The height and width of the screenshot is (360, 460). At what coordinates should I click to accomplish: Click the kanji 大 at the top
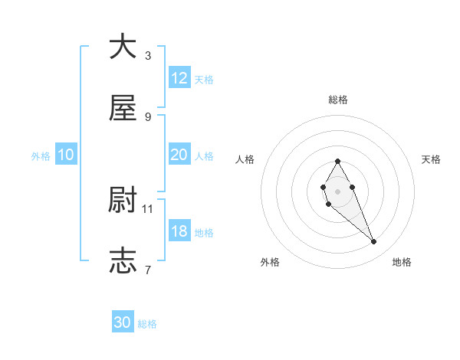pos(123,47)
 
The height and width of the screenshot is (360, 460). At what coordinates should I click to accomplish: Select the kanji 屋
pos(123,109)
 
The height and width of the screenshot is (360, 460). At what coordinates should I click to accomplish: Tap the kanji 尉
pos(123,201)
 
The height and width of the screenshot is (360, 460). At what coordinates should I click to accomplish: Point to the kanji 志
pos(123,261)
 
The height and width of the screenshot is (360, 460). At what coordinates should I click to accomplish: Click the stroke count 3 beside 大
pos(148,55)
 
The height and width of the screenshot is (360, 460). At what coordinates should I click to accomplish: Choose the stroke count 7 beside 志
pos(148,269)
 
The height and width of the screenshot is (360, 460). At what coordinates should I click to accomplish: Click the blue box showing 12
pos(179,78)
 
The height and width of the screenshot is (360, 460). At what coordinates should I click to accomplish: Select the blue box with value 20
pos(179,155)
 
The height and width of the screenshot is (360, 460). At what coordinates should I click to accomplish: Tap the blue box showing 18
pos(179,231)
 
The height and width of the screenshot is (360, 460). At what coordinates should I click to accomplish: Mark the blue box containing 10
pos(66,155)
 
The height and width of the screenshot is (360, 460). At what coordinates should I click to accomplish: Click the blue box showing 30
pos(123,322)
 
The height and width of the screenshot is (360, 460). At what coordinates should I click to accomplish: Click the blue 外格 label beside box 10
pos(41,155)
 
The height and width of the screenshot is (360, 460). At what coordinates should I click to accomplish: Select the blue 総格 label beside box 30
pos(147,324)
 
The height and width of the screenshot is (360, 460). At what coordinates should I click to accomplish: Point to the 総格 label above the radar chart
pos(337,100)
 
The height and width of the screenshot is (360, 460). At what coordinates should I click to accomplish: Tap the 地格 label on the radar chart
pos(402,262)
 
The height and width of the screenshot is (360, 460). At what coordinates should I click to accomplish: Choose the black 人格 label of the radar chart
pos(245,159)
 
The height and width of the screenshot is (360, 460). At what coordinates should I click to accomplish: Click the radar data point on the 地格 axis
pos(374,242)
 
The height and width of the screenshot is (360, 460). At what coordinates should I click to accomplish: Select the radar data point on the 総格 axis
pos(337,161)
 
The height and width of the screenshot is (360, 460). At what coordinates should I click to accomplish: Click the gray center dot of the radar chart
pos(337,191)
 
